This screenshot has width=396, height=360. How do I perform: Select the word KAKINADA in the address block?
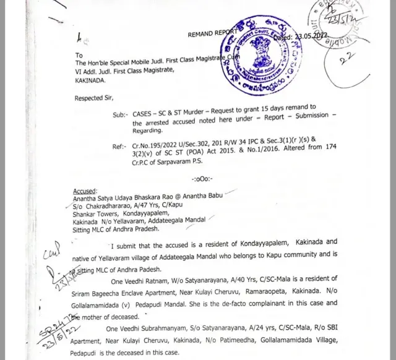coord(90,80)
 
